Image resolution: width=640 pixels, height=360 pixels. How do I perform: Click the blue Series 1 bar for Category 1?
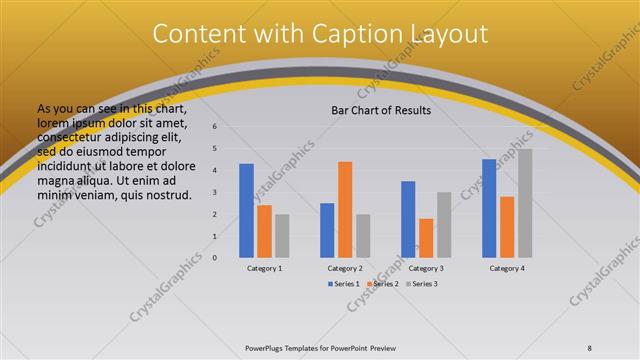point(246,210)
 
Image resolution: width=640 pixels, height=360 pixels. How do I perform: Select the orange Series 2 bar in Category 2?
point(345,209)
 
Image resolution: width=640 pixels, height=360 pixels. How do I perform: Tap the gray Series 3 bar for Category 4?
point(525,203)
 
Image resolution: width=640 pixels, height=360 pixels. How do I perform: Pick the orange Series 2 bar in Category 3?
point(426,238)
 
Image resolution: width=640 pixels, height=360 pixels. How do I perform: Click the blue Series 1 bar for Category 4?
point(489,208)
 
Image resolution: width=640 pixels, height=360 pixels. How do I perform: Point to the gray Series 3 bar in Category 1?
point(282,236)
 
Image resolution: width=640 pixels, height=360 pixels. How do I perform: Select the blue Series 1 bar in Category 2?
point(327,230)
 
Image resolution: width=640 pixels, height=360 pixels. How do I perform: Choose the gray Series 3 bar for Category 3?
point(444,225)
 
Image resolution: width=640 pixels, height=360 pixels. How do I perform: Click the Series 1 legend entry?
point(343,284)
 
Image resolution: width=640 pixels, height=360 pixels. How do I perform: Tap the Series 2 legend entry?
point(383,284)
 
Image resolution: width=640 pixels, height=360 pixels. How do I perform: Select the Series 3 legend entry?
point(422,284)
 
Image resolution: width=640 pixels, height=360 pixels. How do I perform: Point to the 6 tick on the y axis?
point(214,127)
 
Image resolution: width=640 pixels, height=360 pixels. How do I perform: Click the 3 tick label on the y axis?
point(214,192)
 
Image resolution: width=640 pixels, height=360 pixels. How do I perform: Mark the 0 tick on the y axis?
point(214,258)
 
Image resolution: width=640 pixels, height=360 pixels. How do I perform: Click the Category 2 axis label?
point(345,268)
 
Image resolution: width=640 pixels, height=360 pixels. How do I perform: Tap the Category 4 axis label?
point(507,268)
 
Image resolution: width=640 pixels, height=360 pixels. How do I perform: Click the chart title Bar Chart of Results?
point(381,110)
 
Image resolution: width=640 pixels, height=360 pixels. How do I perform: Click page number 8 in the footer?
point(590,347)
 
